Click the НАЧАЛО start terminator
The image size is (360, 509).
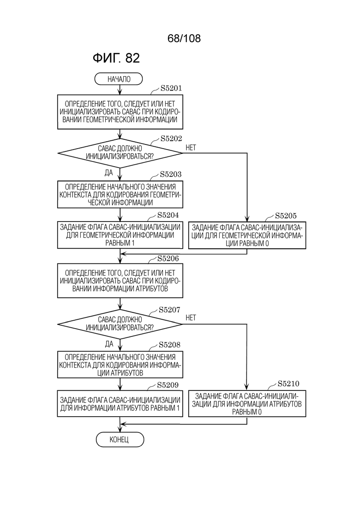119,79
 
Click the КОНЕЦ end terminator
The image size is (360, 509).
120,439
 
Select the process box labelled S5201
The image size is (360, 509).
120,112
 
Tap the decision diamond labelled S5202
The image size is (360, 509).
120,153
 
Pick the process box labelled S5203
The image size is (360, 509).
120,194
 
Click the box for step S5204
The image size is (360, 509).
120,235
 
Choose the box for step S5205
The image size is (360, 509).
247,235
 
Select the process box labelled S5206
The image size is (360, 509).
120,281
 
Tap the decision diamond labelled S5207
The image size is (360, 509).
120,324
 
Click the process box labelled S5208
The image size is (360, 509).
120,365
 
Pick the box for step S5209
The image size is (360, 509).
120,404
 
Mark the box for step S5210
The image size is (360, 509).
247,404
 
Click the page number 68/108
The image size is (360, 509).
184,38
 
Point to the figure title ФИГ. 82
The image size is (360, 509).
116,58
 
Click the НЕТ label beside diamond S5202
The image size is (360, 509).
191,148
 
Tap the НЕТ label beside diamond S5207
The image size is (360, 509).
191,318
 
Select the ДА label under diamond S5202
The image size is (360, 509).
109,173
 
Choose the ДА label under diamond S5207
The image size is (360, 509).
109,344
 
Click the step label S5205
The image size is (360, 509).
286,216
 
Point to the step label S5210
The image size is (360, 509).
288,383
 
